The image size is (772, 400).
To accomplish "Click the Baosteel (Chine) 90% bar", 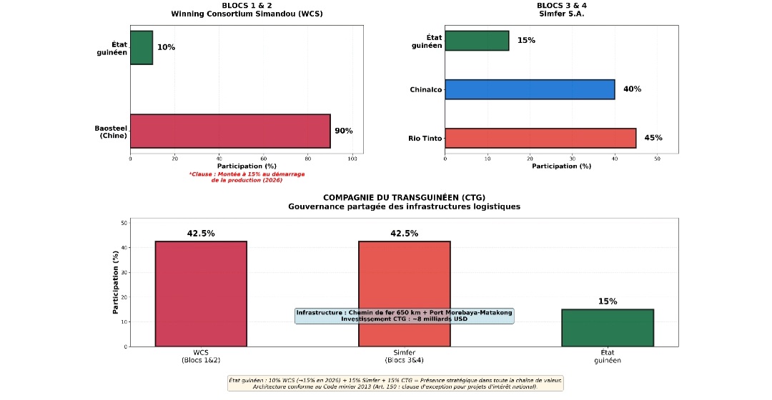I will pyautogui.click(x=230, y=131).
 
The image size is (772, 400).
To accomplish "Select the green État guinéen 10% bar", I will pyautogui.click(x=142, y=48).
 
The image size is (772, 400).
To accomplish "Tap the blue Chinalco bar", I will pyautogui.click(x=530, y=89).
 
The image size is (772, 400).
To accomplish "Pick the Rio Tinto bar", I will pyautogui.click(x=540, y=138).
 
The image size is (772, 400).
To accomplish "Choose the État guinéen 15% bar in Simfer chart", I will pyautogui.click(x=477, y=41).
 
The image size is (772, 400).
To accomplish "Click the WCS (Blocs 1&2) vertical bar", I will pyautogui.click(x=201, y=294).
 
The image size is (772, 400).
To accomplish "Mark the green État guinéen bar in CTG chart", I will pyautogui.click(x=608, y=328).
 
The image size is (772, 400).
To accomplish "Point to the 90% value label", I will pyautogui.click(x=344, y=131).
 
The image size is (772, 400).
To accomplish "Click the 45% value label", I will pyautogui.click(x=653, y=138).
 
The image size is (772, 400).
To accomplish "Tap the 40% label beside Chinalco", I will pyautogui.click(x=632, y=89).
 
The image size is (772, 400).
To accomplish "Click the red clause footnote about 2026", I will pyautogui.click(x=247, y=177).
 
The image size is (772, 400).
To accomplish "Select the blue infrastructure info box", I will pyautogui.click(x=405, y=316).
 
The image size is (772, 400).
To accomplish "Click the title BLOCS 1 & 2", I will pyautogui.click(x=247, y=5).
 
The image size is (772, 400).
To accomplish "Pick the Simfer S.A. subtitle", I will pyautogui.click(x=561, y=14).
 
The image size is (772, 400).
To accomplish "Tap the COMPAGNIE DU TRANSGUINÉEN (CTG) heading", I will pyautogui.click(x=405, y=197).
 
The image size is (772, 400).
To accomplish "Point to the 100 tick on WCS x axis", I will pyautogui.click(x=352, y=159).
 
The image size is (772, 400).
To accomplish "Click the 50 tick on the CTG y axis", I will pyautogui.click(x=124, y=223).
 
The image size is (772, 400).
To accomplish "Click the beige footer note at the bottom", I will pyautogui.click(x=395, y=383).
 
